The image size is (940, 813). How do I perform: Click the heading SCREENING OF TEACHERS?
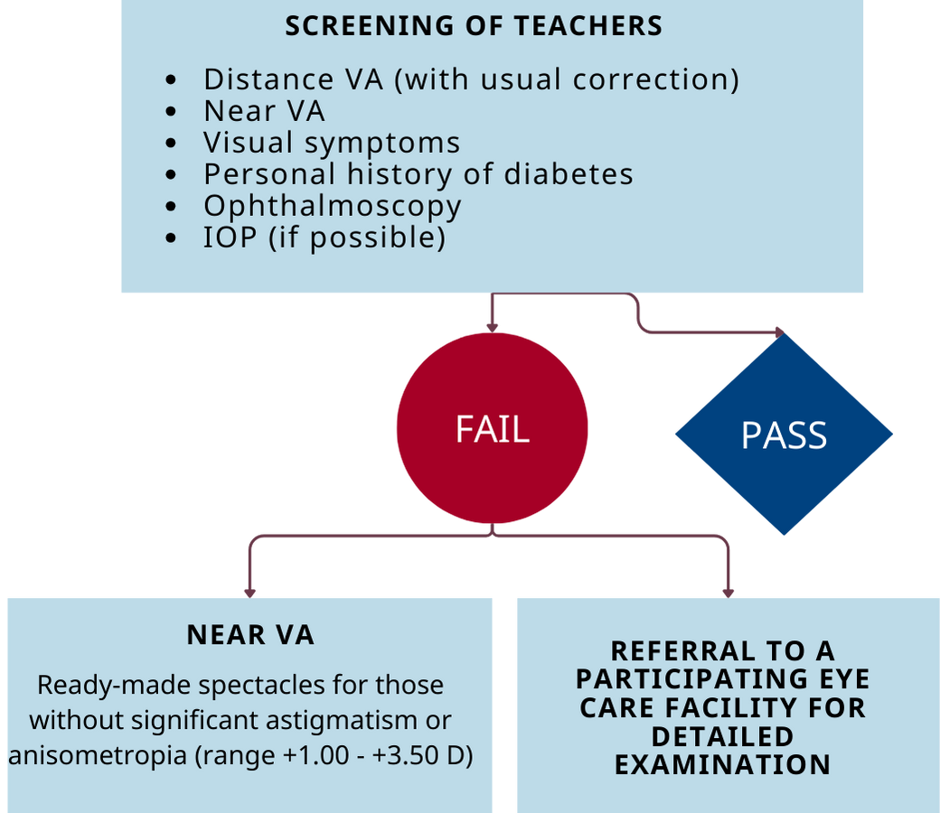[474, 26]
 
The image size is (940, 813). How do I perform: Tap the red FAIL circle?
[493, 428]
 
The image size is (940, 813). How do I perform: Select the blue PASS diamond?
[785, 435]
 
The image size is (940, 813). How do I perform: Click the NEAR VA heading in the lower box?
[250, 635]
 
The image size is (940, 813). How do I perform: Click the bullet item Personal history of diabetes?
[418, 174]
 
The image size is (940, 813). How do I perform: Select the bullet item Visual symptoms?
[332, 144]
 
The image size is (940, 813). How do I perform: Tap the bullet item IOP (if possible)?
[324, 238]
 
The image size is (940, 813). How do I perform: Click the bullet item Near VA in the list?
[264, 111]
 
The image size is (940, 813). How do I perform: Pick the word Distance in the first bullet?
[268, 79]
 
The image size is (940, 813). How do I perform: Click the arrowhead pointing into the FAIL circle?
[493, 328]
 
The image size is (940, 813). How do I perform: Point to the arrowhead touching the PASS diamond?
[779, 332]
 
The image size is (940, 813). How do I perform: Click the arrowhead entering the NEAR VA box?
[250, 593]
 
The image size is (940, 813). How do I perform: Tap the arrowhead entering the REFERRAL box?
[728, 593]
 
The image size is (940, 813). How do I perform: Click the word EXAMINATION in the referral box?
[722, 765]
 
